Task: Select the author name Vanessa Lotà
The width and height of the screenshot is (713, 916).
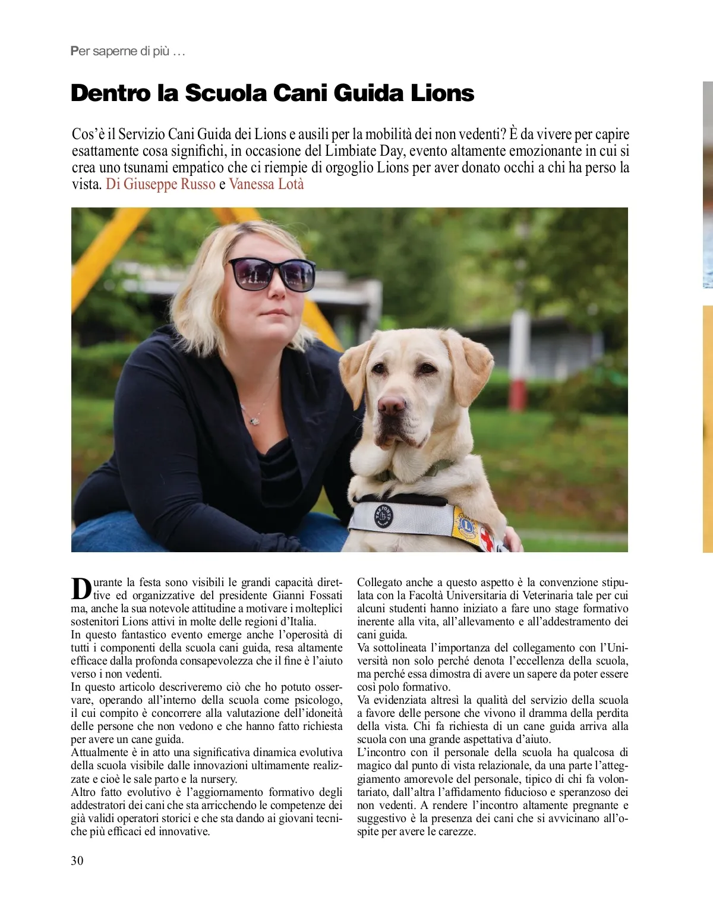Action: point(266,184)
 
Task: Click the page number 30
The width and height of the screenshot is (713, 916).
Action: point(77,860)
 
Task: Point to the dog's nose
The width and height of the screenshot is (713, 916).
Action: point(392,406)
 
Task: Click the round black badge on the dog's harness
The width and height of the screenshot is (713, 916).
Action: point(384,515)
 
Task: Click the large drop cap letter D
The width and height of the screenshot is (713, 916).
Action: point(81,588)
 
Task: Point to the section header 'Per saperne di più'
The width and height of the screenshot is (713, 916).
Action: point(128,51)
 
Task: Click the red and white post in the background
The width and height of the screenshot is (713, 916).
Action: point(519,357)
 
